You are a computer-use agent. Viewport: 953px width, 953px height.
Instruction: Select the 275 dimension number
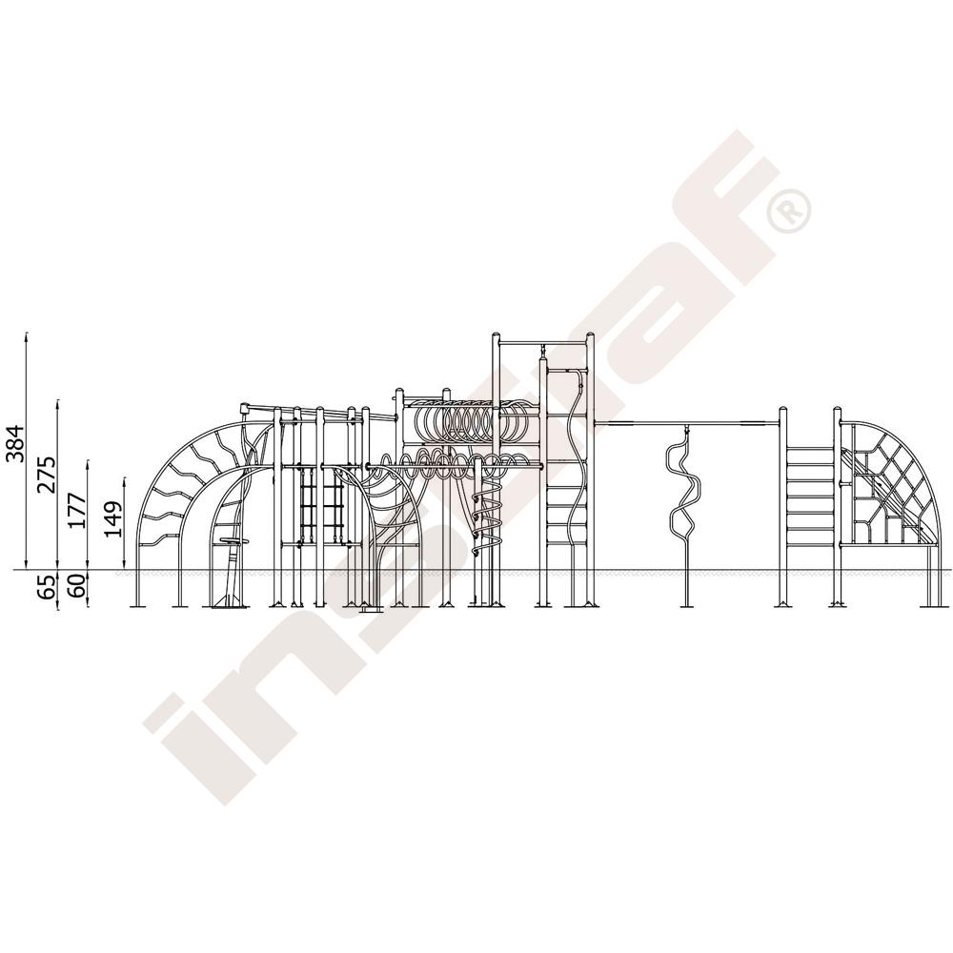[x=47, y=474]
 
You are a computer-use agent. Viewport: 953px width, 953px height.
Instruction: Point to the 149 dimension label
[x=113, y=518]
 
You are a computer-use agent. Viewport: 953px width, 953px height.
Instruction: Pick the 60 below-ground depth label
[x=78, y=586]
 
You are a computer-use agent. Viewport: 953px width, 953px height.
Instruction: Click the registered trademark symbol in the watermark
[x=789, y=210]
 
